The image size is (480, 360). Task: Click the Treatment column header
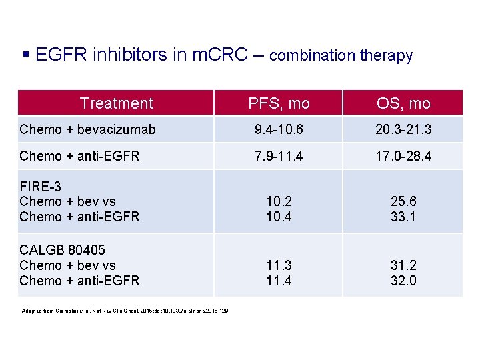pyautogui.click(x=116, y=103)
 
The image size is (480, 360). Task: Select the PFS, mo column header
pyautogui.click(x=279, y=103)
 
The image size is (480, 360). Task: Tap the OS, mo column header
pyautogui.click(x=403, y=103)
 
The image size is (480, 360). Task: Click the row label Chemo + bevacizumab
pyautogui.click(x=87, y=129)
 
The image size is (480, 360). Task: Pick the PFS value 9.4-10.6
pyautogui.click(x=279, y=129)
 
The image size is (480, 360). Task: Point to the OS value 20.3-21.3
pyautogui.click(x=403, y=129)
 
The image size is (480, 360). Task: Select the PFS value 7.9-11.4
pyautogui.click(x=279, y=156)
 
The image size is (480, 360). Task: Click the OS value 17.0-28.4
pyautogui.click(x=403, y=156)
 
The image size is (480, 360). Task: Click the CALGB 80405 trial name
pyautogui.click(x=63, y=251)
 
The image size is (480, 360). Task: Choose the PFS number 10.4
pyautogui.click(x=279, y=216)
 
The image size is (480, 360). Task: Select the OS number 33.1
pyautogui.click(x=403, y=216)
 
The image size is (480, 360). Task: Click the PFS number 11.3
pyautogui.click(x=279, y=266)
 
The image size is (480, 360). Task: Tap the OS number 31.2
pyautogui.click(x=403, y=266)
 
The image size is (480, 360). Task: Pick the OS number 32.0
pyautogui.click(x=403, y=281)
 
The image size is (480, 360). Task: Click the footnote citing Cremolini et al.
pyautogui.click(x=124, y=311)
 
